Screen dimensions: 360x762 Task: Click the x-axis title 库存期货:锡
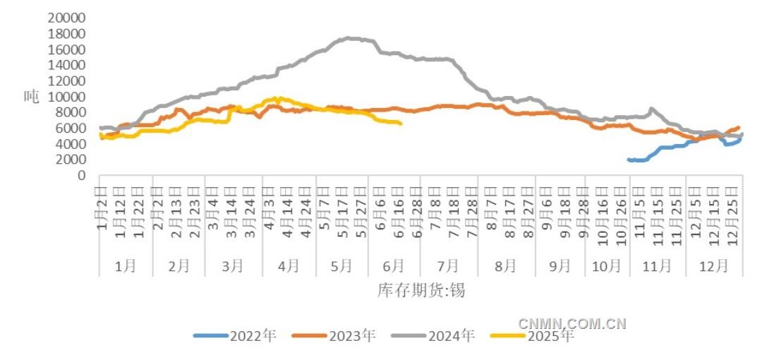[x=421, y=290]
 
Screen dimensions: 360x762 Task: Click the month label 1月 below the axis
[x=126, y=266]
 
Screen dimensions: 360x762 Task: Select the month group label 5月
[x=341, y=266]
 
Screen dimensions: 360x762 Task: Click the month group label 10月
[x=607, y=266]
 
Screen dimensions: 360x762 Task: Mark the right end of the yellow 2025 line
[x=401, y=124]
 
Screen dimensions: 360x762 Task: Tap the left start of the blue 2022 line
[x=629, y=160]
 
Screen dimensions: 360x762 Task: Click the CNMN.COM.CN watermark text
[x=572, y=324]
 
